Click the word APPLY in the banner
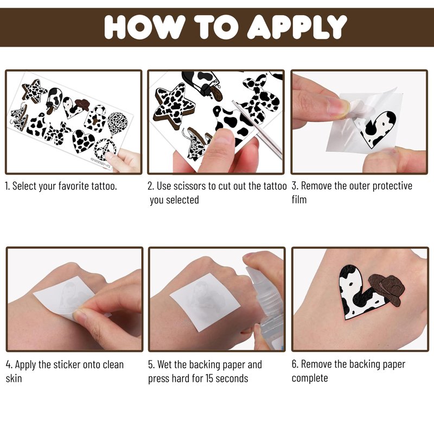[297, 27]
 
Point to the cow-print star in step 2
[174, 105]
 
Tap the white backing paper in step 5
[205, 301]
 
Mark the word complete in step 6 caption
[310, 379]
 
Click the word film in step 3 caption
[299, 200]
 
